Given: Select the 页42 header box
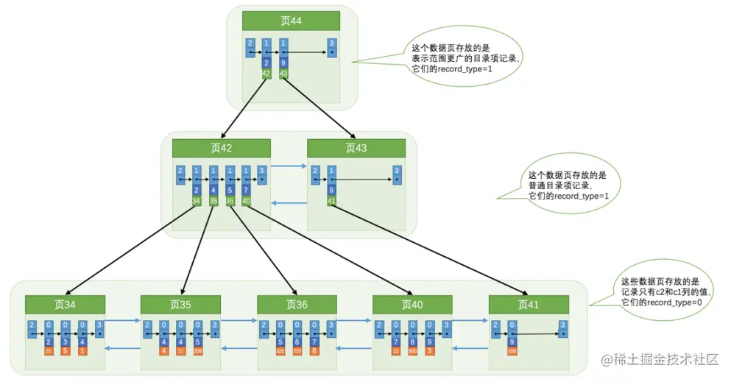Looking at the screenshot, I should tap(222, 147).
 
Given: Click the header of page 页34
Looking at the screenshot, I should tap(65, 304).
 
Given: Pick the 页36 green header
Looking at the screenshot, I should tap(297, 304).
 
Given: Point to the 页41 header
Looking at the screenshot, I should tap(529, 304).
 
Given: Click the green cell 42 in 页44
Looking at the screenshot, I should tap(266, 74).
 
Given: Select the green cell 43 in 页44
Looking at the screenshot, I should tap(283, 74).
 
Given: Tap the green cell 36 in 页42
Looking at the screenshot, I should tap(230, 200).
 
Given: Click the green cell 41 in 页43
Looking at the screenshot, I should tap(331, 200).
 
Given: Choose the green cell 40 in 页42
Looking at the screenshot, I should tap(246, 200).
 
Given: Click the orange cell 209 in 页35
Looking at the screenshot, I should tap(198, 352).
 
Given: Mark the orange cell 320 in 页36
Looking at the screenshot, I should tap(280, 352).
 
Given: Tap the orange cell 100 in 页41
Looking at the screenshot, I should tap(512, 352).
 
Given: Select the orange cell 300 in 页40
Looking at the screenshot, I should tap(413, 352).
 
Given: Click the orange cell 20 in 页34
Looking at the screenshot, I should tap(49, 352).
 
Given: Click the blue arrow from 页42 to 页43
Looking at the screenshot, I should tap(288, 166).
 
